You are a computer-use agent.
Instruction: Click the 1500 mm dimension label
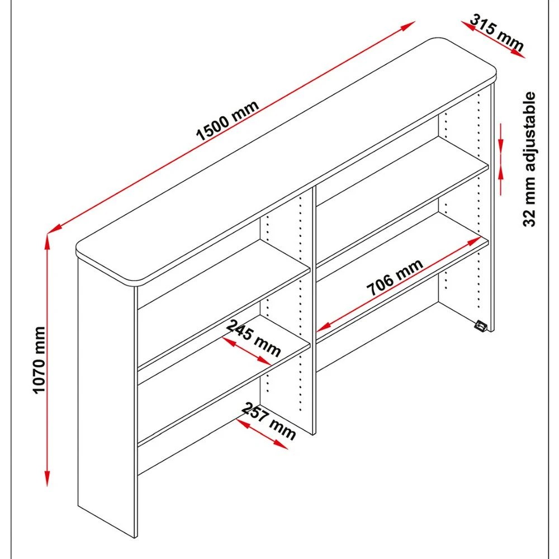tap(228, 120)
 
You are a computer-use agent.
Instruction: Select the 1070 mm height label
tap(39, 360)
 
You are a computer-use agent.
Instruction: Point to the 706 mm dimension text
tap(395, 278)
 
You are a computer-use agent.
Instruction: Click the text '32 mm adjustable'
tap(530, 159)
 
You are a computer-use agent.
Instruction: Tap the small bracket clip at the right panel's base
tap(480, 326)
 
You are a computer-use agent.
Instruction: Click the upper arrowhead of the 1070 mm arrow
tap(48, 241)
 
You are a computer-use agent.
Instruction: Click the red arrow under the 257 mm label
tap(260, 434)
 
